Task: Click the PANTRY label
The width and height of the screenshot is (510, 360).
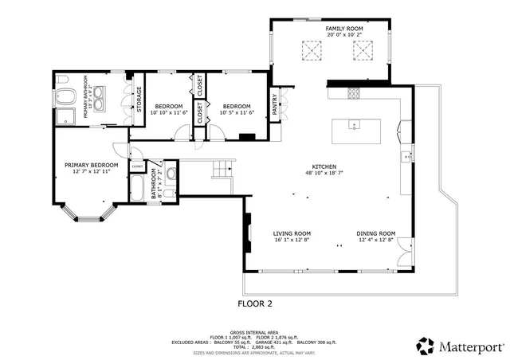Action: point(275,107)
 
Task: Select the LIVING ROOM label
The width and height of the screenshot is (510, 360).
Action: point(291,233)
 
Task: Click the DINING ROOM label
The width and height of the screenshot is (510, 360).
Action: point(376,233)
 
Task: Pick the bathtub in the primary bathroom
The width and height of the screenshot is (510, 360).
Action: point(65,97)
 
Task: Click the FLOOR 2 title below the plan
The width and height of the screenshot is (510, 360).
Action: point(255,303)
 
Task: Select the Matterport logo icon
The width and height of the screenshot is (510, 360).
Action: point(425,346)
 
